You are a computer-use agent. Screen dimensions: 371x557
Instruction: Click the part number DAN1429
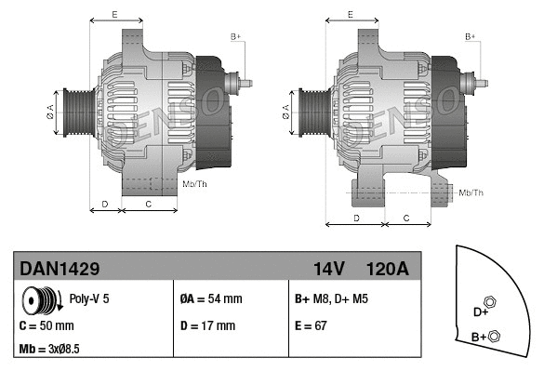pos(60,269)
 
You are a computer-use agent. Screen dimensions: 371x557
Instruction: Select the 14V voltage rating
pos(328,269)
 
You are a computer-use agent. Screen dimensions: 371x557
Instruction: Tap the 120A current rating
pos(388,269)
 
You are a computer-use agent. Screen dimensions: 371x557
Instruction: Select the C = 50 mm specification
pos(46,326)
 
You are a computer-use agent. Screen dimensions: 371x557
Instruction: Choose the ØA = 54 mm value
pos(210,299)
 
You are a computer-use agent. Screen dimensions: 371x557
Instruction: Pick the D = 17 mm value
pos(207,326)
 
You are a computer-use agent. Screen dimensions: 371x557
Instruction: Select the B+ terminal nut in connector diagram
pos(494,336)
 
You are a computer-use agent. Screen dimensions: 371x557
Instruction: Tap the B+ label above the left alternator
pos(235,36)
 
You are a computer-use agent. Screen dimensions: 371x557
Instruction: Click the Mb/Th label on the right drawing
pos(471,192)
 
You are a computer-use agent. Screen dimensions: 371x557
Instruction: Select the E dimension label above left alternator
pos(113,15)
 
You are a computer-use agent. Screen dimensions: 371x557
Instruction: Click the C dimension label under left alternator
pos(149,202)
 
